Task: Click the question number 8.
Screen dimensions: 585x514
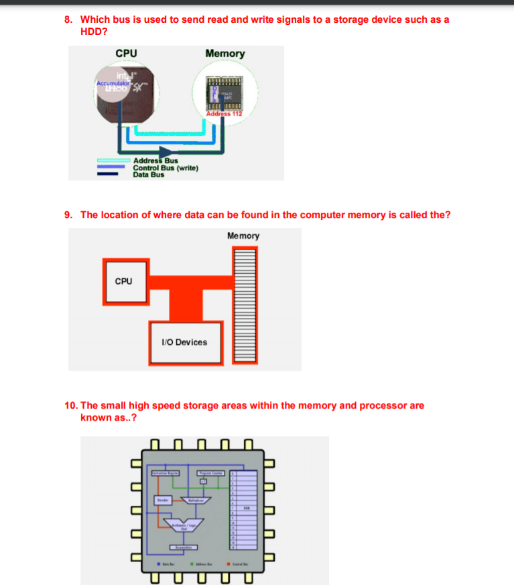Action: (68, 19)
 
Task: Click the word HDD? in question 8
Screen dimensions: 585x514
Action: (94, 31)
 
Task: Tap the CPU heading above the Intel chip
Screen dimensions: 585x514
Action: (126, 54)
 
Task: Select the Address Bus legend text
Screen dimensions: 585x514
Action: (155, 161)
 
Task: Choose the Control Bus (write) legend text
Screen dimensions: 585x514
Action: (165, 168)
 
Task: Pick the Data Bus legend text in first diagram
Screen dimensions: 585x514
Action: (148, 174)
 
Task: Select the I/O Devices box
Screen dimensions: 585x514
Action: (184, 342)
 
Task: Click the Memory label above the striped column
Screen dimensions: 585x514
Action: (243, 235)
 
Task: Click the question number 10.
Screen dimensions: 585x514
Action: (71, 405)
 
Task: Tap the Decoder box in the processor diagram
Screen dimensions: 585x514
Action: (162, 500)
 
